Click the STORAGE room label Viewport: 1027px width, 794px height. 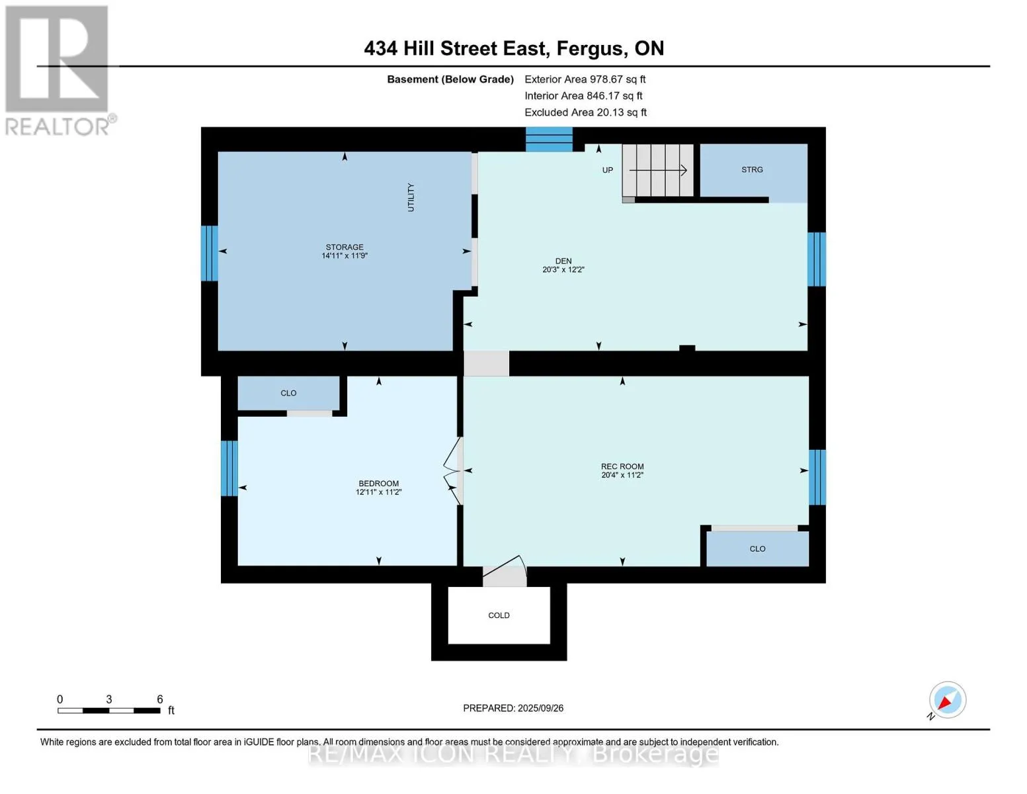click(x=345, y=247)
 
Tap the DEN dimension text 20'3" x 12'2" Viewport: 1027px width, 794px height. click(x=563, y=269)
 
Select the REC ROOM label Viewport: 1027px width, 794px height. click(x=622, y=466)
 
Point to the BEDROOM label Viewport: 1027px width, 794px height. click(x=378, y=483)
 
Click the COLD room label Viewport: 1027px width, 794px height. click(x=499, y=615)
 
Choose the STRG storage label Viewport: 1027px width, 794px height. click(x=752, y=169)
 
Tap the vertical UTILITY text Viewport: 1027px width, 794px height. click(x=411, y=197)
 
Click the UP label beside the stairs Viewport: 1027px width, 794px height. click(x=607, y=170)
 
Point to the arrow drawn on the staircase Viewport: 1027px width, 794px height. click(x=658, y=170)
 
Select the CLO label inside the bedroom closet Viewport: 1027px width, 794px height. click(x=288, y=393)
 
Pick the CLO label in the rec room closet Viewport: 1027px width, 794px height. click(x=757, y=549)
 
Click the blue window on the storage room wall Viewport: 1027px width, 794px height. click(x=210, y=253)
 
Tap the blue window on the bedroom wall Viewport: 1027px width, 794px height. click(x=229, y=468)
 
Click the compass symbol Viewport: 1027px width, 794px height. click(x=947, y=700)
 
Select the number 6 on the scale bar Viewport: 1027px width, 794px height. click(x=160, y=699)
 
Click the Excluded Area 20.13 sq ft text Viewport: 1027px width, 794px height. click(x=585, y=112)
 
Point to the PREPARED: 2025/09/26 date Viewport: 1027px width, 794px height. click(x=513, y=708)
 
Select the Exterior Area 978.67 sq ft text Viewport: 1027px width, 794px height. click(x=585, y=79)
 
